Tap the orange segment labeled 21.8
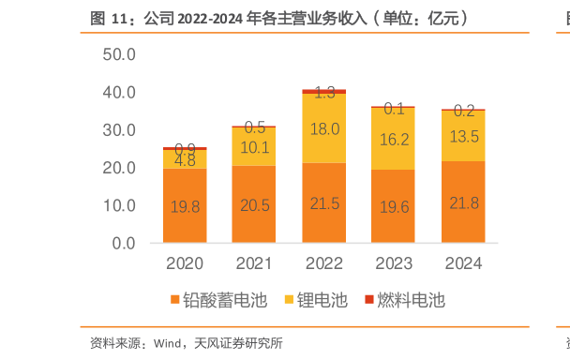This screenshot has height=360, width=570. point(463,202)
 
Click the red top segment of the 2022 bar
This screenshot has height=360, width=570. point(323,91)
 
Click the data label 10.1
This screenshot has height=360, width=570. point(254,146)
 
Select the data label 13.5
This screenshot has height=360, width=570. point(463,136)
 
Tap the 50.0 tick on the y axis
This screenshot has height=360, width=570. point(119,54)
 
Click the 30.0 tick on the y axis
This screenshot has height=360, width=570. point(119,130)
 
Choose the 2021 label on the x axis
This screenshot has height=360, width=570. point(254,263)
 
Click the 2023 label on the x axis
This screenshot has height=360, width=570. point(394,263)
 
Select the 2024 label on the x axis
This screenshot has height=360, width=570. point(463,263)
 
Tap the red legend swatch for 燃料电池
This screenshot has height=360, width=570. point(367,300)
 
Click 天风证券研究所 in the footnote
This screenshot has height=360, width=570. point(240,343)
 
